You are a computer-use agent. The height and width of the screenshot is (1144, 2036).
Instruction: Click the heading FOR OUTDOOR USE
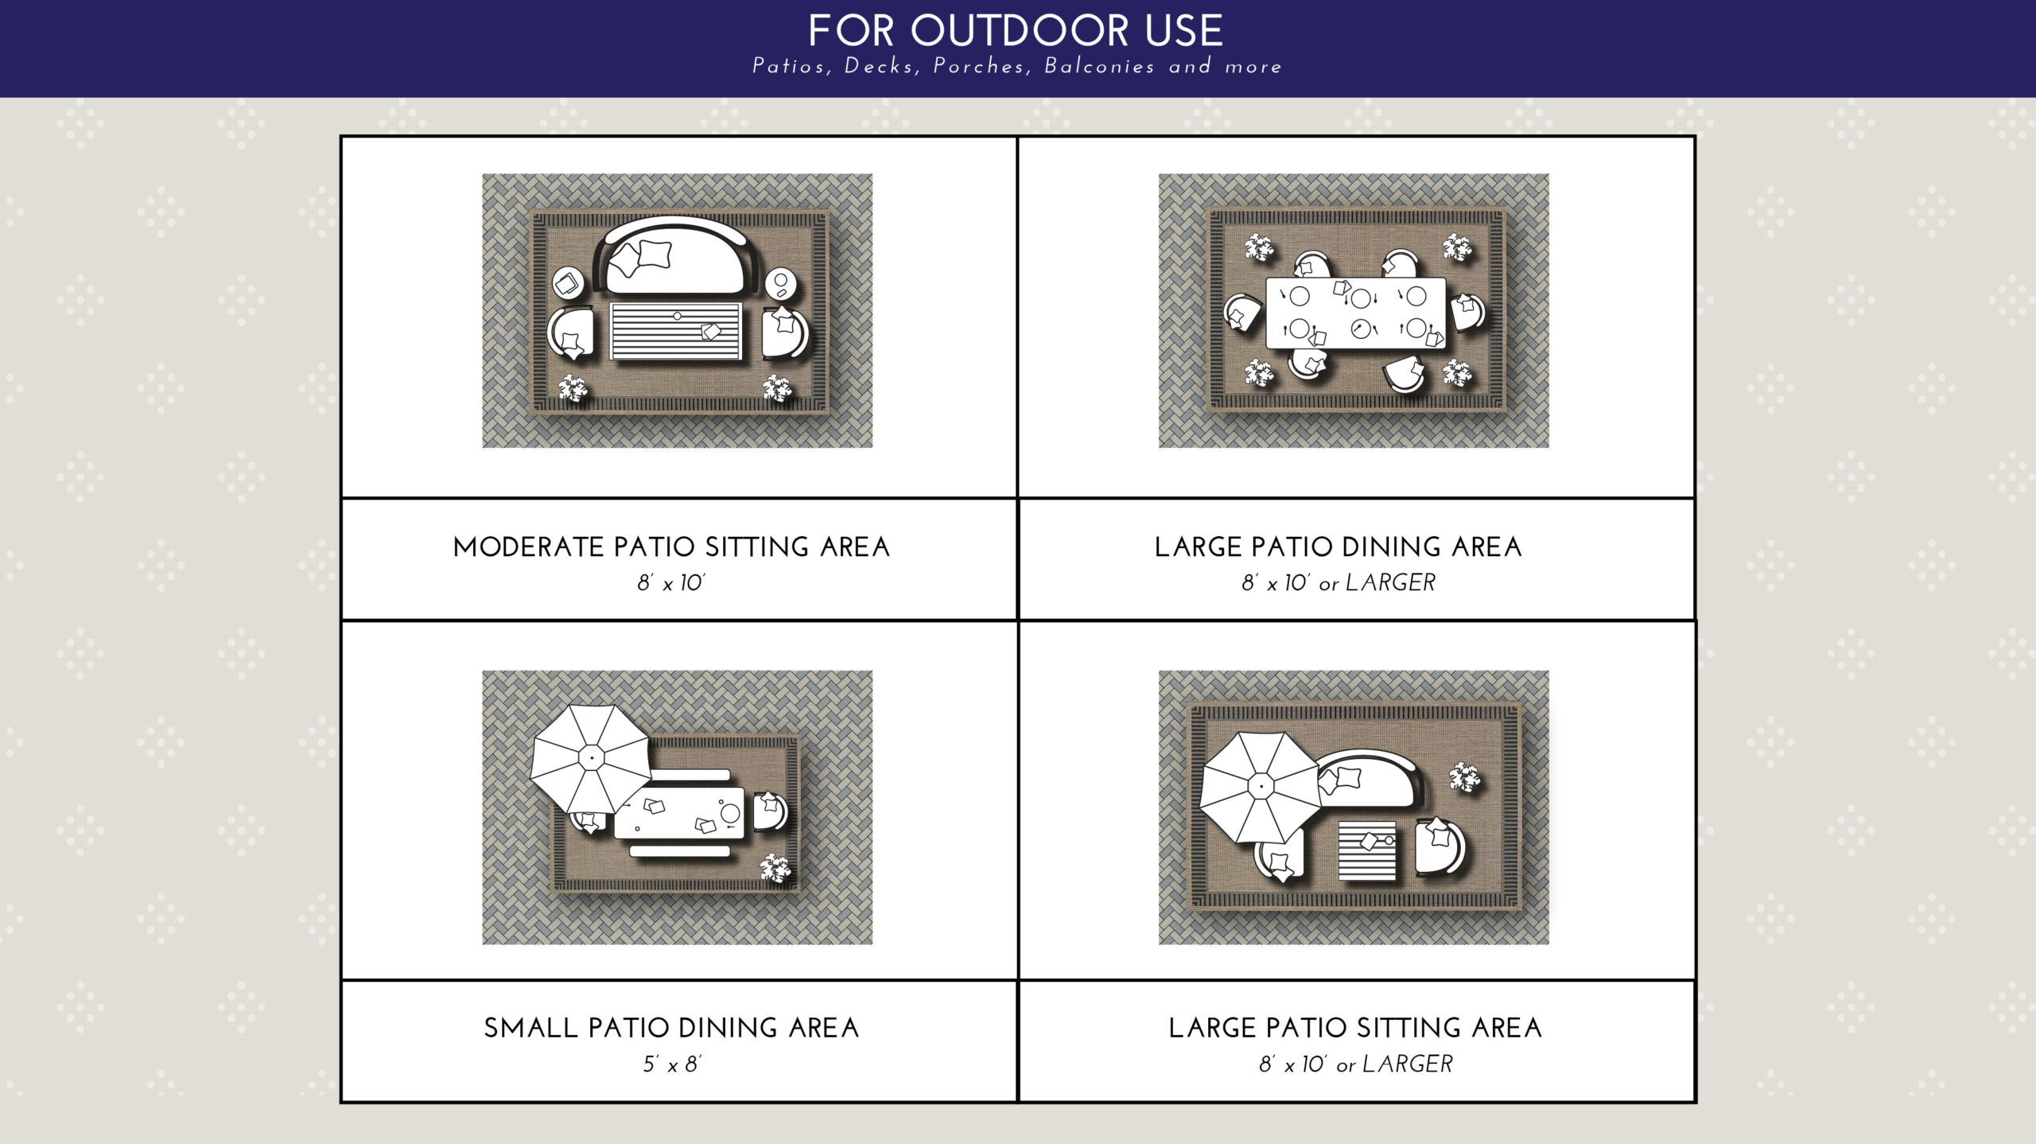(x=1016, y=31)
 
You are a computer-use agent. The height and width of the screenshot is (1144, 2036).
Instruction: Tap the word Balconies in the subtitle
(x=1099, y=66)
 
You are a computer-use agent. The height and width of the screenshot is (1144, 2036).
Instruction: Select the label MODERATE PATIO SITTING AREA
(x=671, y=547)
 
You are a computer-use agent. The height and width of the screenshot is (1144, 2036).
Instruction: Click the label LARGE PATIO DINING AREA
(x=1339, y=547)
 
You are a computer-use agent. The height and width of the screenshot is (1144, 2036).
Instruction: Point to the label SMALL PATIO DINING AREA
(x=671, y=1028)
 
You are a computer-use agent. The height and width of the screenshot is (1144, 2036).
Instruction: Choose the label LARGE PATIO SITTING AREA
(x=1355, y=1028)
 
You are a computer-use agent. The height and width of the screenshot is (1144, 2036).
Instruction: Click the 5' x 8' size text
(x=672, y=1064)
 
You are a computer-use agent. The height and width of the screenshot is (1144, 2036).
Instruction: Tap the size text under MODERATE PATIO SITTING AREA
(x=670, y=583)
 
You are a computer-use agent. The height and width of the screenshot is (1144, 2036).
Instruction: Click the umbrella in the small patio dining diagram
(x=590, y=759)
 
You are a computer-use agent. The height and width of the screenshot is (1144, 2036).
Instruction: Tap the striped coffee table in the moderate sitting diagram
(x=675, y=330)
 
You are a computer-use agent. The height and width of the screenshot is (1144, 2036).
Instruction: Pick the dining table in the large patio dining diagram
(x=1356, y=313)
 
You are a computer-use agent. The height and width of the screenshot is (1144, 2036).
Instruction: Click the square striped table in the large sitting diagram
(x=1367, y=850)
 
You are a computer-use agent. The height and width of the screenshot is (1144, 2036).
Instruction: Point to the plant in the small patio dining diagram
(x=775, y=868)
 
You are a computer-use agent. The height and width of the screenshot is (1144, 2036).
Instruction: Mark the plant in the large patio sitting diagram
(x=1464, y=777)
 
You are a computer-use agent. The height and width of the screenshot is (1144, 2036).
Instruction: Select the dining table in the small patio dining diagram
(x=679, y=813)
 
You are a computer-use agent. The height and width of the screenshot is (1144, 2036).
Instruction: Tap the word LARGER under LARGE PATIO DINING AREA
(x=1390, y=583)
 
